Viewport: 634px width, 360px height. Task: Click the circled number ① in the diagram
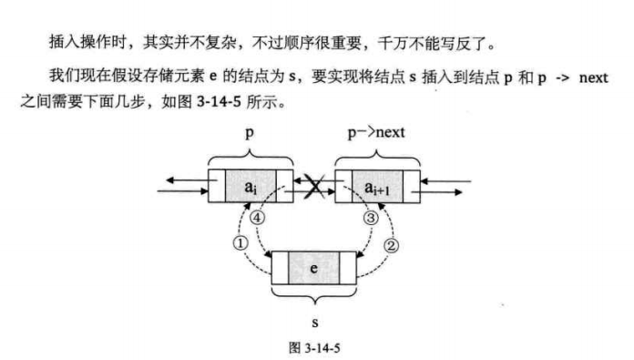point(240,243)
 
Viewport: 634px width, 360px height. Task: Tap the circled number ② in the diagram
point(393,243)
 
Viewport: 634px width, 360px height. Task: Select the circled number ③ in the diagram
point(371,219)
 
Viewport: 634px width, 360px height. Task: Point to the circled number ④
point(258,219)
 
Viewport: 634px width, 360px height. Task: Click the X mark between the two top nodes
point(314,189)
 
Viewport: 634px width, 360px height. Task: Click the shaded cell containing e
point(314,268)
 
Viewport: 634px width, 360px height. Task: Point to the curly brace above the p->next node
point(377,155)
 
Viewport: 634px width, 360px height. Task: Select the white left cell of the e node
point(281,268)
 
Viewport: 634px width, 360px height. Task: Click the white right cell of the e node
point(346,268)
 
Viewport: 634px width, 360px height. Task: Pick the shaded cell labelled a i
point(250,189)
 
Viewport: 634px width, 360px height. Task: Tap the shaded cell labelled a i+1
point(377,189)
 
